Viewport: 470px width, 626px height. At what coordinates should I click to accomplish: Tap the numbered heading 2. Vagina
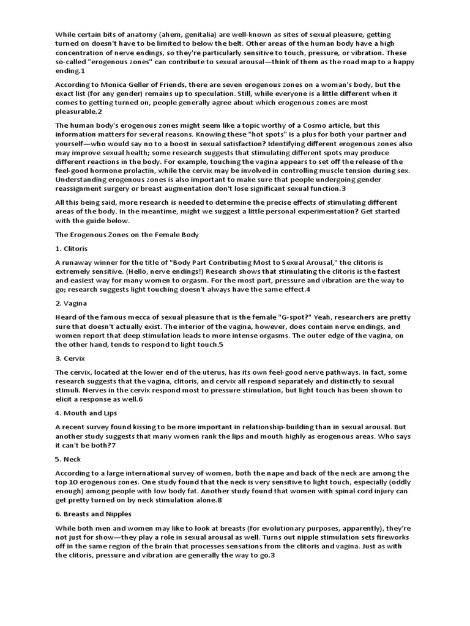tap(71, 303)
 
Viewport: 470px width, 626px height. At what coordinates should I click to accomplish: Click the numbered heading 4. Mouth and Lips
tap(86, 413)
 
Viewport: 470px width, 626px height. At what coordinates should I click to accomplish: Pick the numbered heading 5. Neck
tap(67, 458)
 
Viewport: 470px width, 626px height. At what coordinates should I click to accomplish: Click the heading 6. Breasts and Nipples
tap(93, 514)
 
